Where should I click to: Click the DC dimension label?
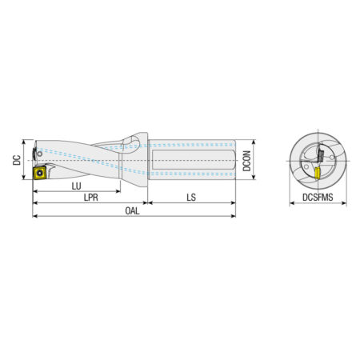point(17,160)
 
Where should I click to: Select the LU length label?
point(76,186)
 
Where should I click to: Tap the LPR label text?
point(91,198)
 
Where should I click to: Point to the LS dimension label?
point(191,198)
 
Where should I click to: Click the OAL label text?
point(132,211)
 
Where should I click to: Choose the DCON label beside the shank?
point(246,161)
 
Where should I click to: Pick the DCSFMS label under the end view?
point(318,198)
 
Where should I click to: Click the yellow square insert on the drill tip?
point(40,173)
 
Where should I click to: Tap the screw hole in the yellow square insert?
point(40,173)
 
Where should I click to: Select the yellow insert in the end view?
point(317,174)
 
